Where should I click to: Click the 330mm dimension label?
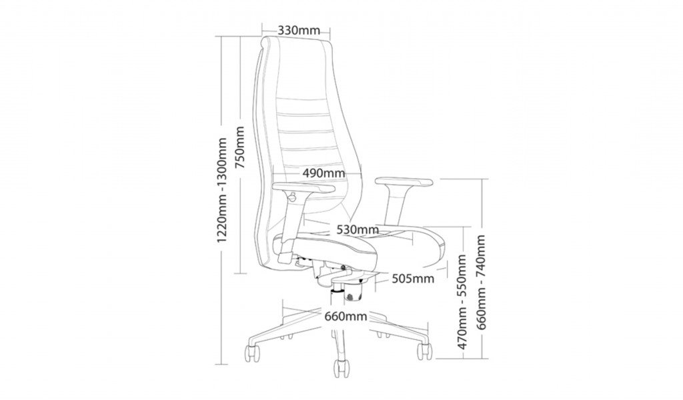point(299,31)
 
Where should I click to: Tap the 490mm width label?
point(323,173)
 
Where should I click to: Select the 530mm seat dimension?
point(358,229)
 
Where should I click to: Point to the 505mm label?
point(413,278)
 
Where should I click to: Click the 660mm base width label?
point(346,316)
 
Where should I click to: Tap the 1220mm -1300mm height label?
point(222,190)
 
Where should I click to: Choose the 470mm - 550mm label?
point(462,301)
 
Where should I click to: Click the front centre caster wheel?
point(341,369)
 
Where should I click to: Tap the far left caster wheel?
point(251,353)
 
